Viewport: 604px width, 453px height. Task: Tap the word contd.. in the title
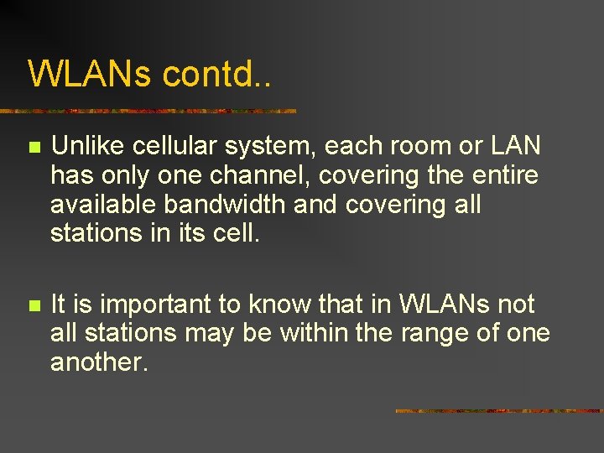pyautogui.click(x=217, y=74)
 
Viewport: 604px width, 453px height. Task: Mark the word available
pyautogui.click(x=103, y=205)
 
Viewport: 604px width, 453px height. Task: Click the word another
pyautogui.click(x=100, y=362)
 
